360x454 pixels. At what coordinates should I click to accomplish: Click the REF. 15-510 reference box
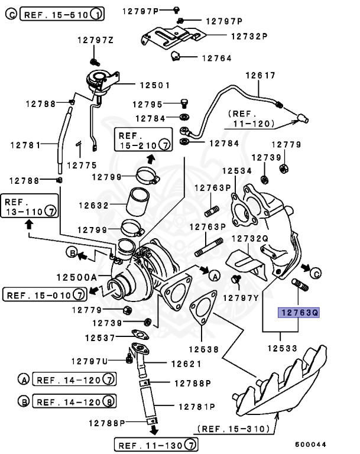click(62, 13)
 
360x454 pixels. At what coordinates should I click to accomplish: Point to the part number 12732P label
click(249, 35)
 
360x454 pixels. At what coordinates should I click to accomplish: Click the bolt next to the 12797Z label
click(93, 61)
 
